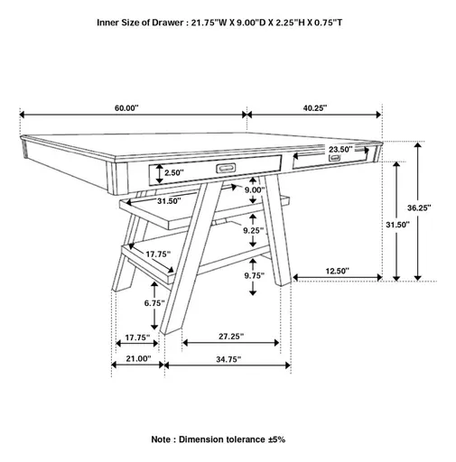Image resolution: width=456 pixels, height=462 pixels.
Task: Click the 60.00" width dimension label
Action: tap(126, 107)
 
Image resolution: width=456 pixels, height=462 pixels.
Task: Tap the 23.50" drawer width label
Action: tap(341, 150)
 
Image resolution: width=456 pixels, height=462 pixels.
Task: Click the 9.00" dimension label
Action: tap(254, 190)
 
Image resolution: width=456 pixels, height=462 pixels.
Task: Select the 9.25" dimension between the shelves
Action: tap(254, 231)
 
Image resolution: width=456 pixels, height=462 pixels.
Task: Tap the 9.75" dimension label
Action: tap(254, 276)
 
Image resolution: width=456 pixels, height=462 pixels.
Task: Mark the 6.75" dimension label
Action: tap(155, 303)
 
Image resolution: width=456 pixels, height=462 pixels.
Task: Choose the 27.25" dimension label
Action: tap(232, 337)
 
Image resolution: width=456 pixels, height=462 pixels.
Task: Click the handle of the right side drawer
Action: tap(336, 160)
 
